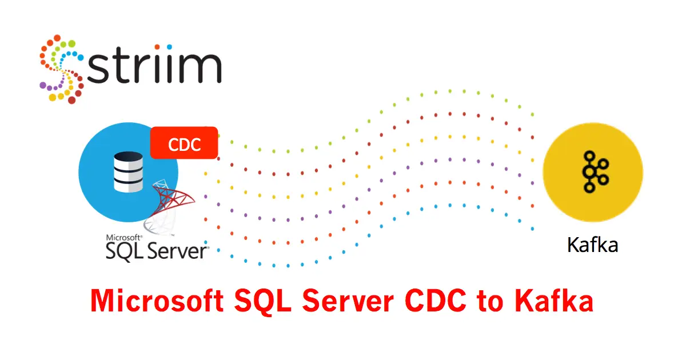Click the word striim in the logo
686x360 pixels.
point(154,68)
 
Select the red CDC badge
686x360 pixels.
point(184,143)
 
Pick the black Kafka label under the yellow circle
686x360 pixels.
point(592,245)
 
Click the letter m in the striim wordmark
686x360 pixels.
point(200,68)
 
